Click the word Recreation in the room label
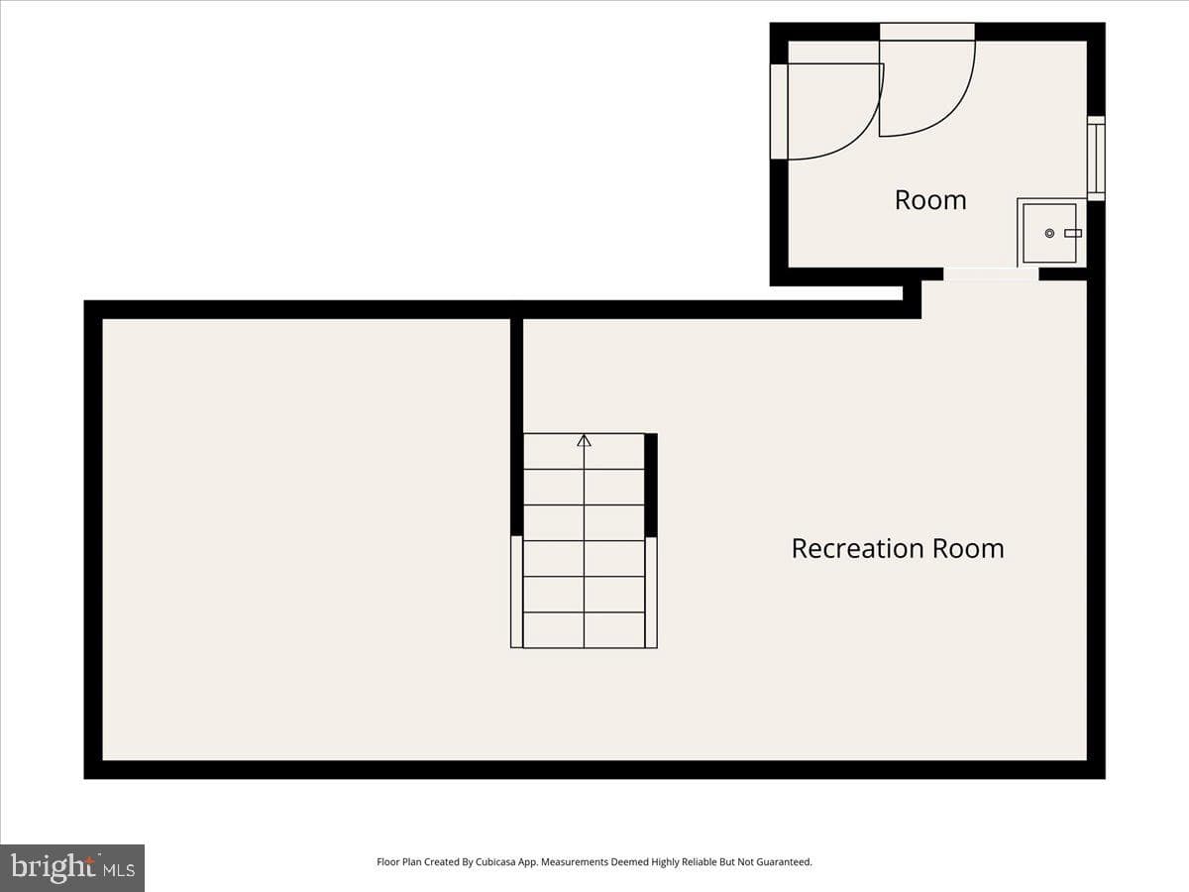click(858, 549)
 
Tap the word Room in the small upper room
click(930, 200)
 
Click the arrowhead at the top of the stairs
click(584, 440)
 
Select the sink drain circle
click(1049, 234)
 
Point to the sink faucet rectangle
click(1073, 234)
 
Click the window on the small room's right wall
click(1097, 159)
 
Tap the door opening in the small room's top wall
click(926, 32)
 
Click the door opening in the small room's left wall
click(779, 112)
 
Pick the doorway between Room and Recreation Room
click(991, 275)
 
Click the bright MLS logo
click(72, 868)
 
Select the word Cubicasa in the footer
click(495, 861)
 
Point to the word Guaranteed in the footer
click(785, 861)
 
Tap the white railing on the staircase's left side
click(517, 592)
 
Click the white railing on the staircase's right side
click(651, 592)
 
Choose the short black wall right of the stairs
click(651, 485)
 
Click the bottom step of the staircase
click(584, 630)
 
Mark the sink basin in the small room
click(1049, 234)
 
